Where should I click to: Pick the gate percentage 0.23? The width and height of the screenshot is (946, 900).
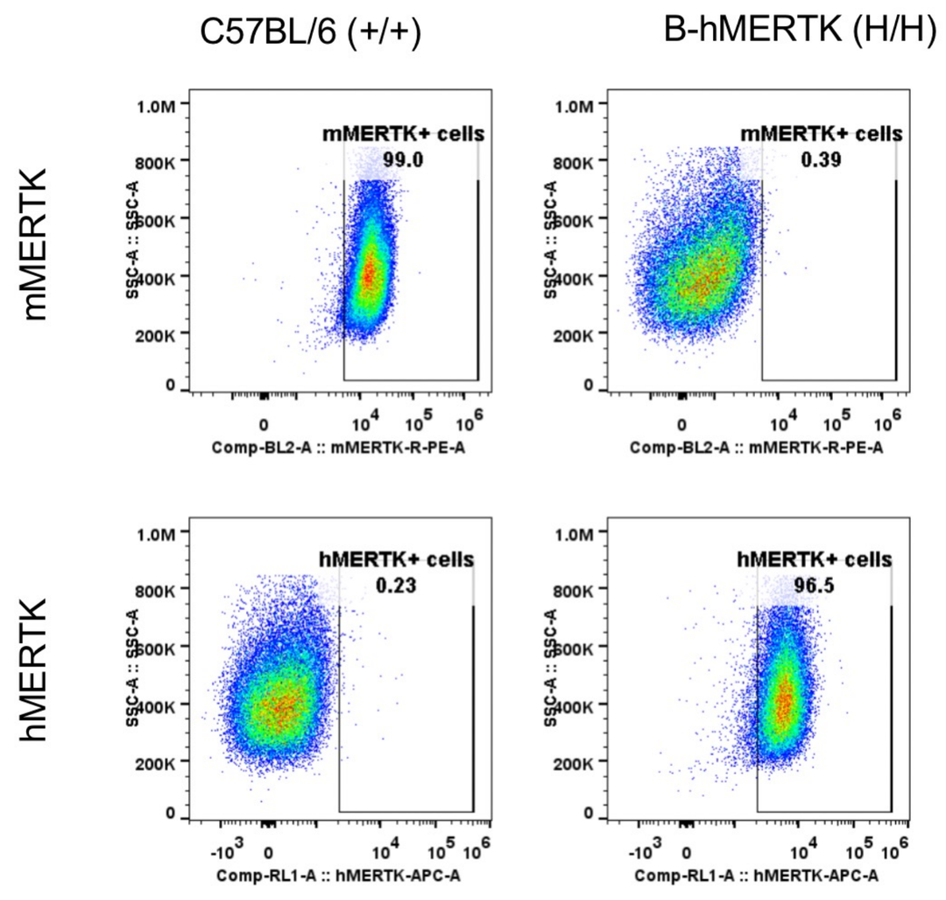397,586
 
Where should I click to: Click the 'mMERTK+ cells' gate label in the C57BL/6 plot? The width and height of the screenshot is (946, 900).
402,134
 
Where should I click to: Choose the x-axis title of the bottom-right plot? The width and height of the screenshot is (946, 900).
757,875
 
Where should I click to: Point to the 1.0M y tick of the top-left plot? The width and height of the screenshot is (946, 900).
158,106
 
